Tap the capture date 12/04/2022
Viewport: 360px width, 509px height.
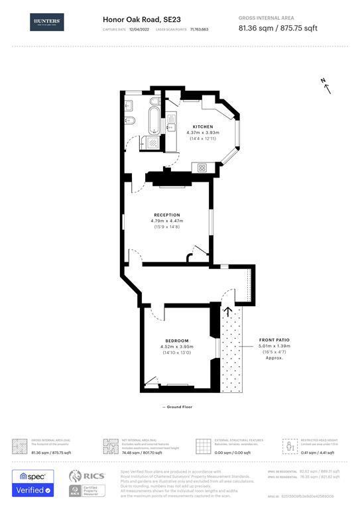140,30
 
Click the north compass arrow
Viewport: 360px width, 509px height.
326,84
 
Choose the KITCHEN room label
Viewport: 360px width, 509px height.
202,126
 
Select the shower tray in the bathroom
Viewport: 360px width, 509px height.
152,144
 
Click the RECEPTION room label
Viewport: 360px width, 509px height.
167,215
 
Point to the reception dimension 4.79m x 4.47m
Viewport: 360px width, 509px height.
167,221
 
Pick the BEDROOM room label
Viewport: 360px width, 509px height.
177,341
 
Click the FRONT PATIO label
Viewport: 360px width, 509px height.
274,339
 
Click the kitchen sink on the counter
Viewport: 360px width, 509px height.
171,123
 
